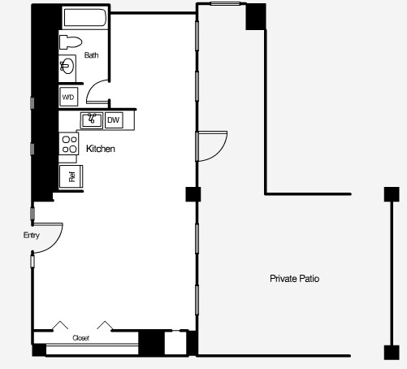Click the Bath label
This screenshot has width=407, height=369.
click(92, 55)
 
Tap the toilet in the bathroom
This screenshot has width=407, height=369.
click(71, 43)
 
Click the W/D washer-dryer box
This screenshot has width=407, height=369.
click(69, 98)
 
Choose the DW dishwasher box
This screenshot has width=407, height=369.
click(114, 121)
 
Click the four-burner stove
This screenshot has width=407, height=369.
click(68, 147)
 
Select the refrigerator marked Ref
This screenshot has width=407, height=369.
click(70, 176)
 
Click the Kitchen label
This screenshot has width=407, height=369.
click(100, 149)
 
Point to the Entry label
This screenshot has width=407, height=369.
click(32, 236)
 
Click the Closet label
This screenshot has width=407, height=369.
click(80, 337)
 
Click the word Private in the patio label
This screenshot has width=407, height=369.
click(284, 279)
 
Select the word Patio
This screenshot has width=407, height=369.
click(310, 279)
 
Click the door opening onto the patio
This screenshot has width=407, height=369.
click(209, 147)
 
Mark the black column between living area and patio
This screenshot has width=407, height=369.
click(193, 194)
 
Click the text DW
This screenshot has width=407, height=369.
click(114, 121)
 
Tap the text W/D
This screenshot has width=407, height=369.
click(68, 98)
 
